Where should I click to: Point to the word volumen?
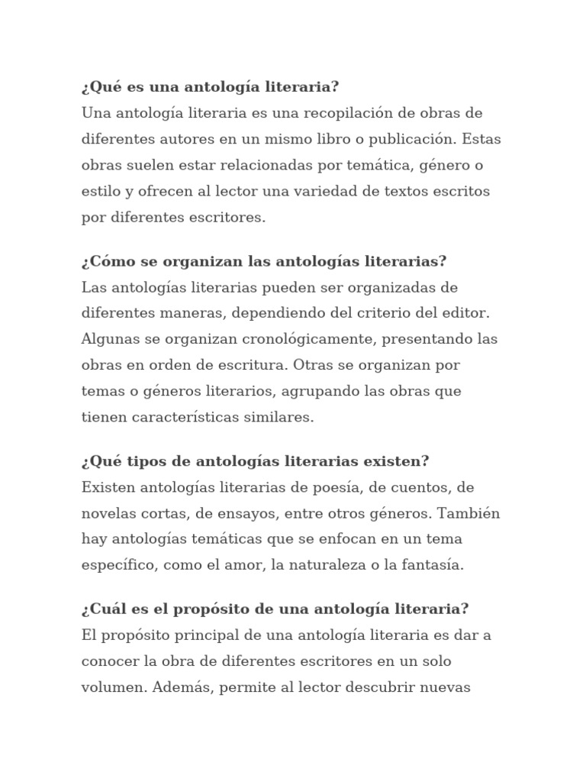[114, 687]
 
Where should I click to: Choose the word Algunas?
[111, 339]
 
